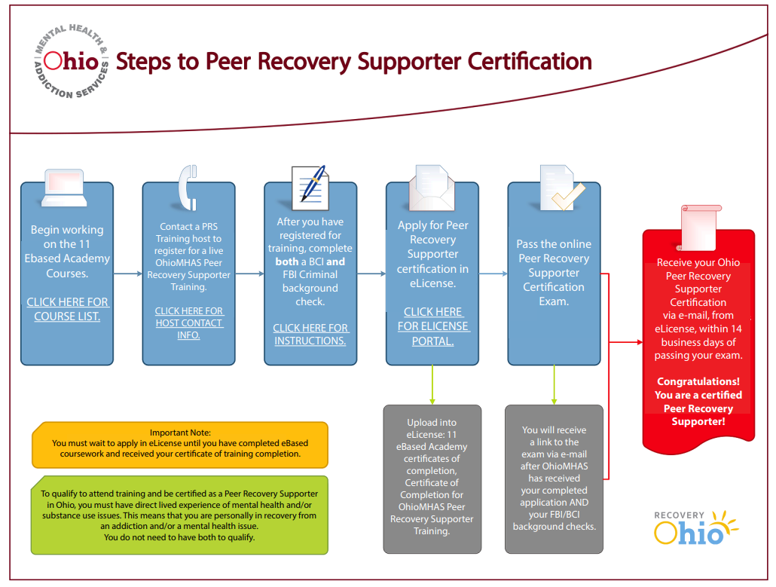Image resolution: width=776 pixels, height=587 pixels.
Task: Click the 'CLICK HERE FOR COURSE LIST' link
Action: coord(67,309)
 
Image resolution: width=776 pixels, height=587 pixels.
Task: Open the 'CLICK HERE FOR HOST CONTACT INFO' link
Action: coord(189,323)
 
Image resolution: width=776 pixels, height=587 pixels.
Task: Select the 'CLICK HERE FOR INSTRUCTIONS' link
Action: coord(310,334)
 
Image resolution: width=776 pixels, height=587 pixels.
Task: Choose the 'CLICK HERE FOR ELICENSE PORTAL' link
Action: coord(433,326)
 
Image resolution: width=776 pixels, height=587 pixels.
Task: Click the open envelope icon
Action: coord(432,188)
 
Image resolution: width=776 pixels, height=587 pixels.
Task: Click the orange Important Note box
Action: coord(180,444)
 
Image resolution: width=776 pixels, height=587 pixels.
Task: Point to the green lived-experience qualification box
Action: coord(180,515)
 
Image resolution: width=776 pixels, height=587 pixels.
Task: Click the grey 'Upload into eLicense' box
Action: coord(432,478)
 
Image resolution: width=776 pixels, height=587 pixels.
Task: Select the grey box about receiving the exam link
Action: coord(554,478)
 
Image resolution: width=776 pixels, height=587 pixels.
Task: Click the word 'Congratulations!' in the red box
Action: coord(698,381)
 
